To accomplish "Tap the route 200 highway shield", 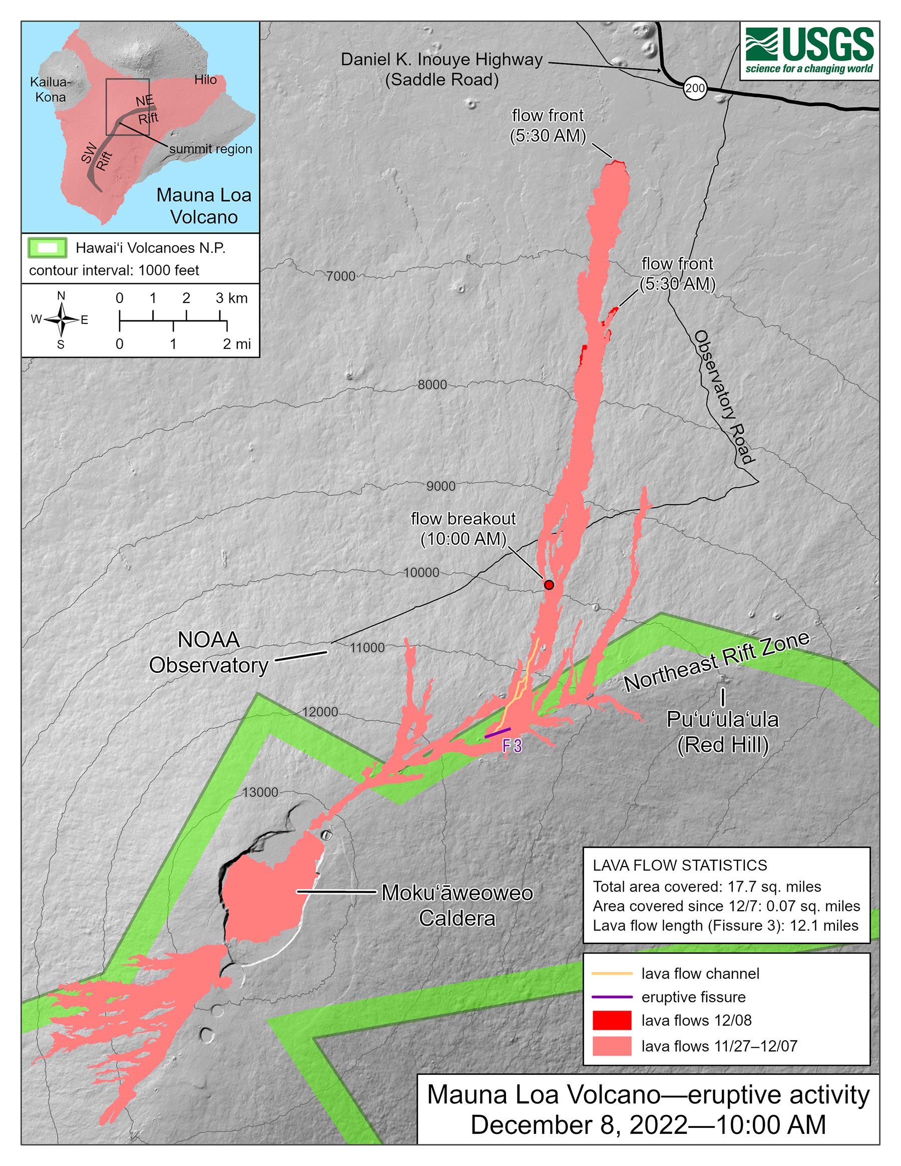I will coord(695,88).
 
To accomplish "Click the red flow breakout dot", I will coord(549,585).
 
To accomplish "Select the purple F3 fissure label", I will coord(512,746).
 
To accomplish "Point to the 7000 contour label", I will coord(340,276).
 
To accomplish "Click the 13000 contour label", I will coord(260,793).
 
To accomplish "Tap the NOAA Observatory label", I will coord(208,652).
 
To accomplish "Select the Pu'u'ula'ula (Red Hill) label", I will coord(722,732).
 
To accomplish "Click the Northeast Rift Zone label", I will coord(716,661).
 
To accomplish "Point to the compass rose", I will coord(62,320).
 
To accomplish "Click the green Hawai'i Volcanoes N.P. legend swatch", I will coord(48,248).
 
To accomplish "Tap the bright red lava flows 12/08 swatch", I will coord(612,1020).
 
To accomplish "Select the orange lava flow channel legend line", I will coord(612,974).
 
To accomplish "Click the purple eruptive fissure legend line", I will coord(612,997).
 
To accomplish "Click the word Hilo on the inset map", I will coord(206,80).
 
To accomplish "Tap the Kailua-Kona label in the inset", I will coord(50,90).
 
